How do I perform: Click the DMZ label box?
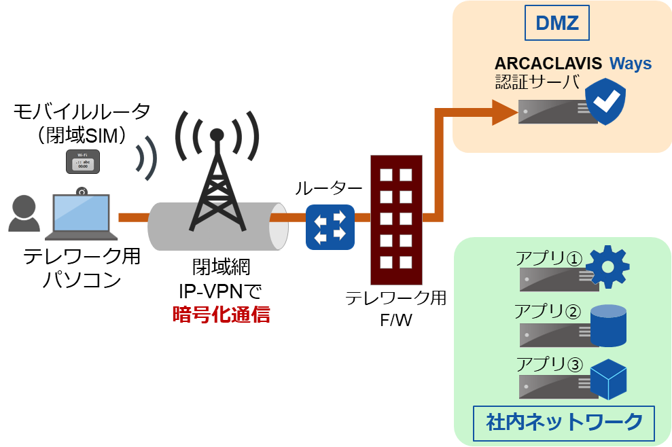click(x=556, y=24)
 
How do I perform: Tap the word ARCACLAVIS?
click(x=548, y=64)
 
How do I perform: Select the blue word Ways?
click(x=630, y=64)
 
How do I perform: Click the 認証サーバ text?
click(x=537, y=82)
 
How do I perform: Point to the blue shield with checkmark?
click(x=605, y=101)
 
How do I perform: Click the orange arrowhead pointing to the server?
click(x=504, y=112)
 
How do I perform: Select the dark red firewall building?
click(x=396, y=220)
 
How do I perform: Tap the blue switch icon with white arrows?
click(x=330, y=226)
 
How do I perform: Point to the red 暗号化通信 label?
click(x=221, y=315)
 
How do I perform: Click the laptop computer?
click(x=82, y=217)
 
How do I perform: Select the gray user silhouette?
click(x=24, y=213)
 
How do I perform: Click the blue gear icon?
click(x=607, y=266)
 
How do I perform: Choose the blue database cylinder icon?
click(x=608, y=326)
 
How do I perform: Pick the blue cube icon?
click(x=608, y=380)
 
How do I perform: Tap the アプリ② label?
click(x=548, y=312)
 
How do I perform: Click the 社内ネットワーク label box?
click(x=563, y=423)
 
